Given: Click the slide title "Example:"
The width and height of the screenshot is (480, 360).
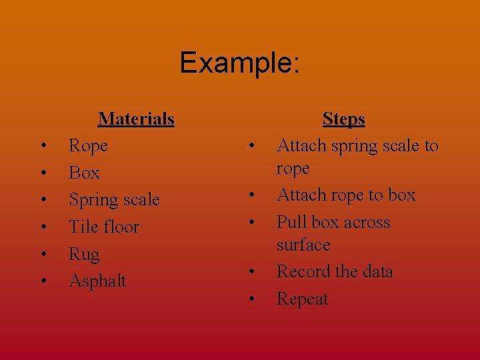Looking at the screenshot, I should point(240,63).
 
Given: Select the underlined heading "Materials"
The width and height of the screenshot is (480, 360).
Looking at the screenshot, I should point(136,119).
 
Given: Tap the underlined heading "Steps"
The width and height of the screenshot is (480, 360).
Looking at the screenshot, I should point(343,119).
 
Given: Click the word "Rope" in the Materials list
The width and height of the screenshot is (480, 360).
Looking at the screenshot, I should point(88,145).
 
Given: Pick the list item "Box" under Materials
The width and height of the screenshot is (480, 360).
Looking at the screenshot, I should point(84,173).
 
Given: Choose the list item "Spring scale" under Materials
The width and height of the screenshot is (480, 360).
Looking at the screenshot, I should point(114,200).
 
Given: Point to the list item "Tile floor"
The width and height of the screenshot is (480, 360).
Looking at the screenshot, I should point(104,227).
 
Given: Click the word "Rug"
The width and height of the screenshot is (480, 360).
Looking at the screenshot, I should point(84,255).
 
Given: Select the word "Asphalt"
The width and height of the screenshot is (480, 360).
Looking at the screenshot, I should point(97,281).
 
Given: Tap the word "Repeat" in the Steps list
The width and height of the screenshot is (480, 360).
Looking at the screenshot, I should point(302,299).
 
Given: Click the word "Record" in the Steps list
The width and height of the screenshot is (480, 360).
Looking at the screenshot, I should point(303,272).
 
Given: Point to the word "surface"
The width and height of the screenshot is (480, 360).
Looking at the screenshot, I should point(303,245).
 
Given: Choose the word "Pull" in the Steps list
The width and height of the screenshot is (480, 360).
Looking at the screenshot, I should point(291,222).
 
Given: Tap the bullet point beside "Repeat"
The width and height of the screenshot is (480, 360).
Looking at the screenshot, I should point(251,300).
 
